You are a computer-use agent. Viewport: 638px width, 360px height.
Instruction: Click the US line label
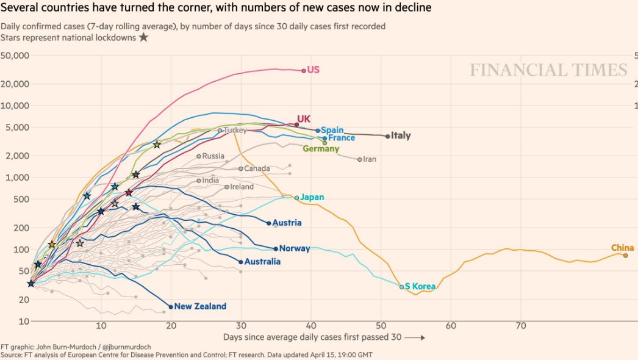(x=313, y=70)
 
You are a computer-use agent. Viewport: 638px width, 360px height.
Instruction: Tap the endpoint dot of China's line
(x=625, y=255)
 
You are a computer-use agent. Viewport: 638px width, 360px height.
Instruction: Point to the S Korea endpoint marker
(x=401, y=286)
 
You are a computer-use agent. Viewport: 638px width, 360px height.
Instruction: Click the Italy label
(x=401, y=135)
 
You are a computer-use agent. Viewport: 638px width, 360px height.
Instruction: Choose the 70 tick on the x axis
(x=521, y=325)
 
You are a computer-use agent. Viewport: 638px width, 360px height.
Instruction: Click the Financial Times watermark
(x=548, y=70)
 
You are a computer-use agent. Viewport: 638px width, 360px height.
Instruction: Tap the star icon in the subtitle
(x=143, y=37)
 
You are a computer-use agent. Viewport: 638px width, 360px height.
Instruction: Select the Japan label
(x=312, y=197)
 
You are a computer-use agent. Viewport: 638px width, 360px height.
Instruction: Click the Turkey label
(x=234, y=130)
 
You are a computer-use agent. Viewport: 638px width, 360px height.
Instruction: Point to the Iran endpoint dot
(x=360, y=159)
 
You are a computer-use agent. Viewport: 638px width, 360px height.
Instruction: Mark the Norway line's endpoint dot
(x=276, y=248)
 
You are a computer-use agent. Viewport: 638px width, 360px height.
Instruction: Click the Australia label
(x=262, y=262)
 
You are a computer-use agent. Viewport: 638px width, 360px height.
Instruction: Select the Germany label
(x=321, y=149)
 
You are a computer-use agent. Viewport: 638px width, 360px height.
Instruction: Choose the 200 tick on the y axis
(x=21, y=228)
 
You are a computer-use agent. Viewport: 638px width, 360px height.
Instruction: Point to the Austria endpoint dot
(x=269, y=223)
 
